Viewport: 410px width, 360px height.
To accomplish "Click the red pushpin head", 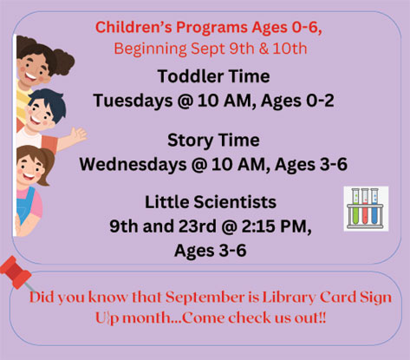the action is [x=15, y=272].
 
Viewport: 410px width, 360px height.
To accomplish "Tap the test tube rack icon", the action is [x=366, y=208].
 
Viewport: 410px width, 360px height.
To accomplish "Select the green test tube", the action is [x=355, y=206].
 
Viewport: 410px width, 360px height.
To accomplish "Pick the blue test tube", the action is [x=374, y=206].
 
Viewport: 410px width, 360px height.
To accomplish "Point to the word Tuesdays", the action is [x=133, y=101].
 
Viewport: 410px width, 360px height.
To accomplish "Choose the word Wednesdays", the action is [x=133, y=164].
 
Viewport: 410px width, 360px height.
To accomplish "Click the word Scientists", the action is [x=235, y=202].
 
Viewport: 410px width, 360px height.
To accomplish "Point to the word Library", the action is [x=289, y=298].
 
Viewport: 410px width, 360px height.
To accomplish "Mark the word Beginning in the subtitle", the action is [x=150, y=49].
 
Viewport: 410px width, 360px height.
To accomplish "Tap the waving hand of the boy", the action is [x=77, y=135].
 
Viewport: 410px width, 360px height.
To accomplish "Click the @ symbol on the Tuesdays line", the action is [x=185, y=101].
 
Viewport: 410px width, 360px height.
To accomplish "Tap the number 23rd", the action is [x=198, y=226].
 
